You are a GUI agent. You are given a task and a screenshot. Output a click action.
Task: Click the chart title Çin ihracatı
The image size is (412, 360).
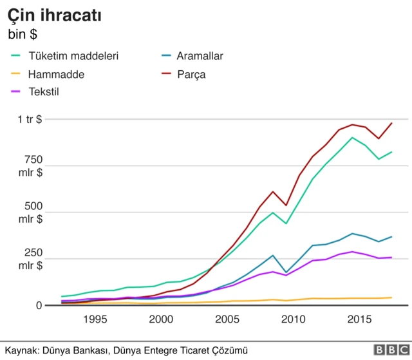pyautogui.click(x=54, y=14)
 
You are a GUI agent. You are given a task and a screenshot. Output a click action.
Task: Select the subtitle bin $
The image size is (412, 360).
pyautogui.click(x=24, y=33)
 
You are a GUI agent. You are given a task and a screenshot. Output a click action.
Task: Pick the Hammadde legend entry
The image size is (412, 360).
pyautogui.click(x=56, y=74)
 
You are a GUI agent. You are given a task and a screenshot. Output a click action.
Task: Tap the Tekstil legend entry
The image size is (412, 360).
pyautogui.click(x=44, y=91)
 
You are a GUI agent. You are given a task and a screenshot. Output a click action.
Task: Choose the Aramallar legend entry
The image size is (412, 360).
pyautogui.click(x=200, y=56)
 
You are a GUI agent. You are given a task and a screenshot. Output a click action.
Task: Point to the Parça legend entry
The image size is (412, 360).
pyautogui.click(x=191, y=74)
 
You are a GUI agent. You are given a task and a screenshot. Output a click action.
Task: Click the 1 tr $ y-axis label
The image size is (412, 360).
pyautogui.click(x=30, y=119)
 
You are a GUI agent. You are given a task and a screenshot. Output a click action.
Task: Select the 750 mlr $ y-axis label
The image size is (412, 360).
pyautogui.click(x=30, y=166)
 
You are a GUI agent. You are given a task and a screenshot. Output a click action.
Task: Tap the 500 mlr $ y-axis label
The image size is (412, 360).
pyautogui.click(x=30, y=213)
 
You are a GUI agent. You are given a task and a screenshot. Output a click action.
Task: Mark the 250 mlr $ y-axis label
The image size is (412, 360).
pyautogui.click(x=30, y=259)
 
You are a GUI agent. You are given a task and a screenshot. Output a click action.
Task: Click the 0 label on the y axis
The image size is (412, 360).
pyautogui.click(x=39, y=305)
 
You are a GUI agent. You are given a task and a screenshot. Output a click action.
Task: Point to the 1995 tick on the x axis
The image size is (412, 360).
pyautogui.click(x=95, y=319)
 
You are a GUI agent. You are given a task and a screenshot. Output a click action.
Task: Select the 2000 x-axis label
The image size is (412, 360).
pyautogui.click(x=161, y=319)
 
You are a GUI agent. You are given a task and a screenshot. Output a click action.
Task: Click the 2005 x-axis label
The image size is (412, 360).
pyautogui.click(x=227, y=319)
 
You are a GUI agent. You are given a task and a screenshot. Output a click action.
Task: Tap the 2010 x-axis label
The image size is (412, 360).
pyautogui.click(x=294, y=319)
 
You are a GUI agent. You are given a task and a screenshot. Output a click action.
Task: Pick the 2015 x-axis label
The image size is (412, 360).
pyautogui.click(x=359, y=319)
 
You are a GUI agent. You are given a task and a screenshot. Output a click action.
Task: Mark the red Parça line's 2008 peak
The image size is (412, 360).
pyautogui.click(x=273, y=191)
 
